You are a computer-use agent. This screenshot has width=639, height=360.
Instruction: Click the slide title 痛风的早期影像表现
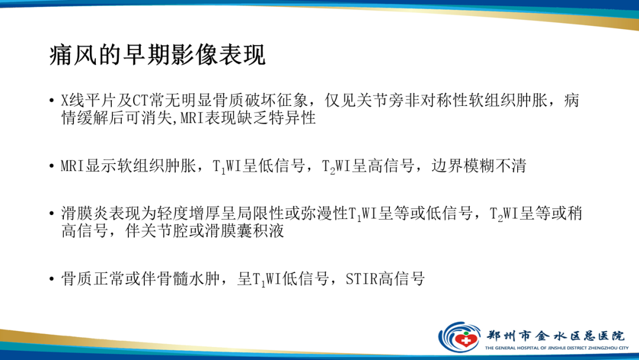coord(157,56)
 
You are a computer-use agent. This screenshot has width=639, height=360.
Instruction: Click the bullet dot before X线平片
coord(52,101)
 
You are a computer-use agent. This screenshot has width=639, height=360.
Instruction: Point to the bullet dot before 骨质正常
coord(52,279)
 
